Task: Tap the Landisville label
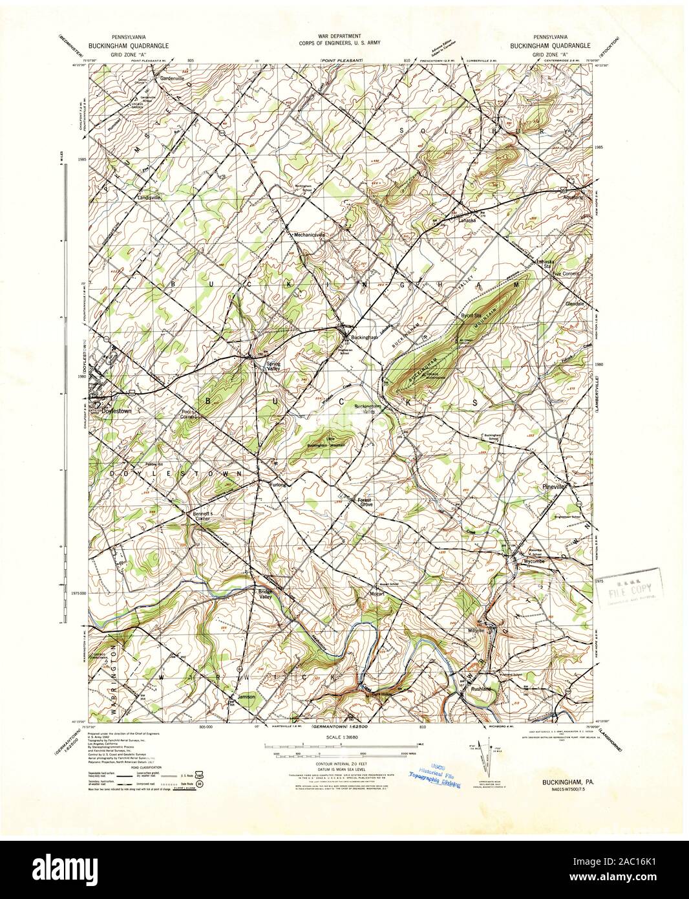coord(149,197)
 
